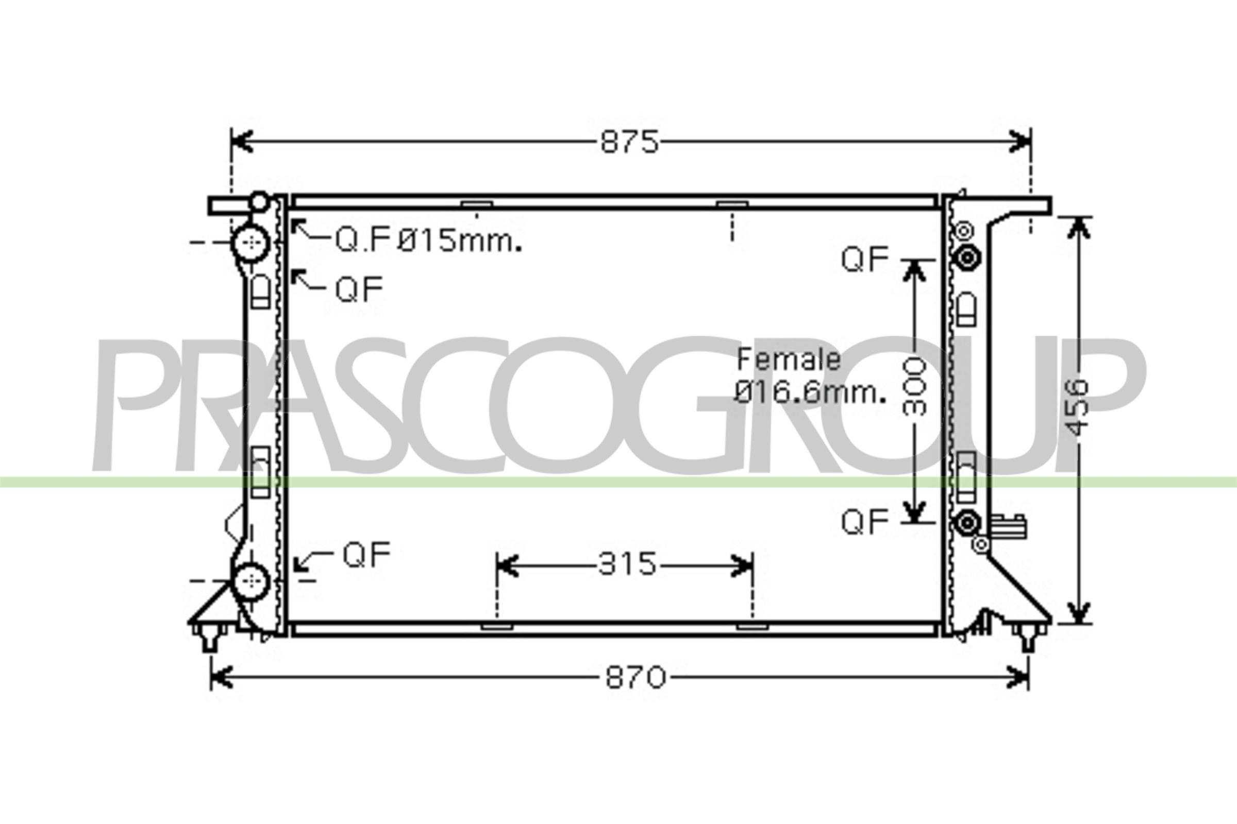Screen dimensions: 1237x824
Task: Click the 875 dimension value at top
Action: [629, 142]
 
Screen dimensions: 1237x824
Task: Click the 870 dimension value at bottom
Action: [636, 677]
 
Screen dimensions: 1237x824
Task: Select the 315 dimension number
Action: [627, 565]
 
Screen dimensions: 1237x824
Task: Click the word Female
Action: [789, 359]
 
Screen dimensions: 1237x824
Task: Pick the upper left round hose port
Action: [252, 242]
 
